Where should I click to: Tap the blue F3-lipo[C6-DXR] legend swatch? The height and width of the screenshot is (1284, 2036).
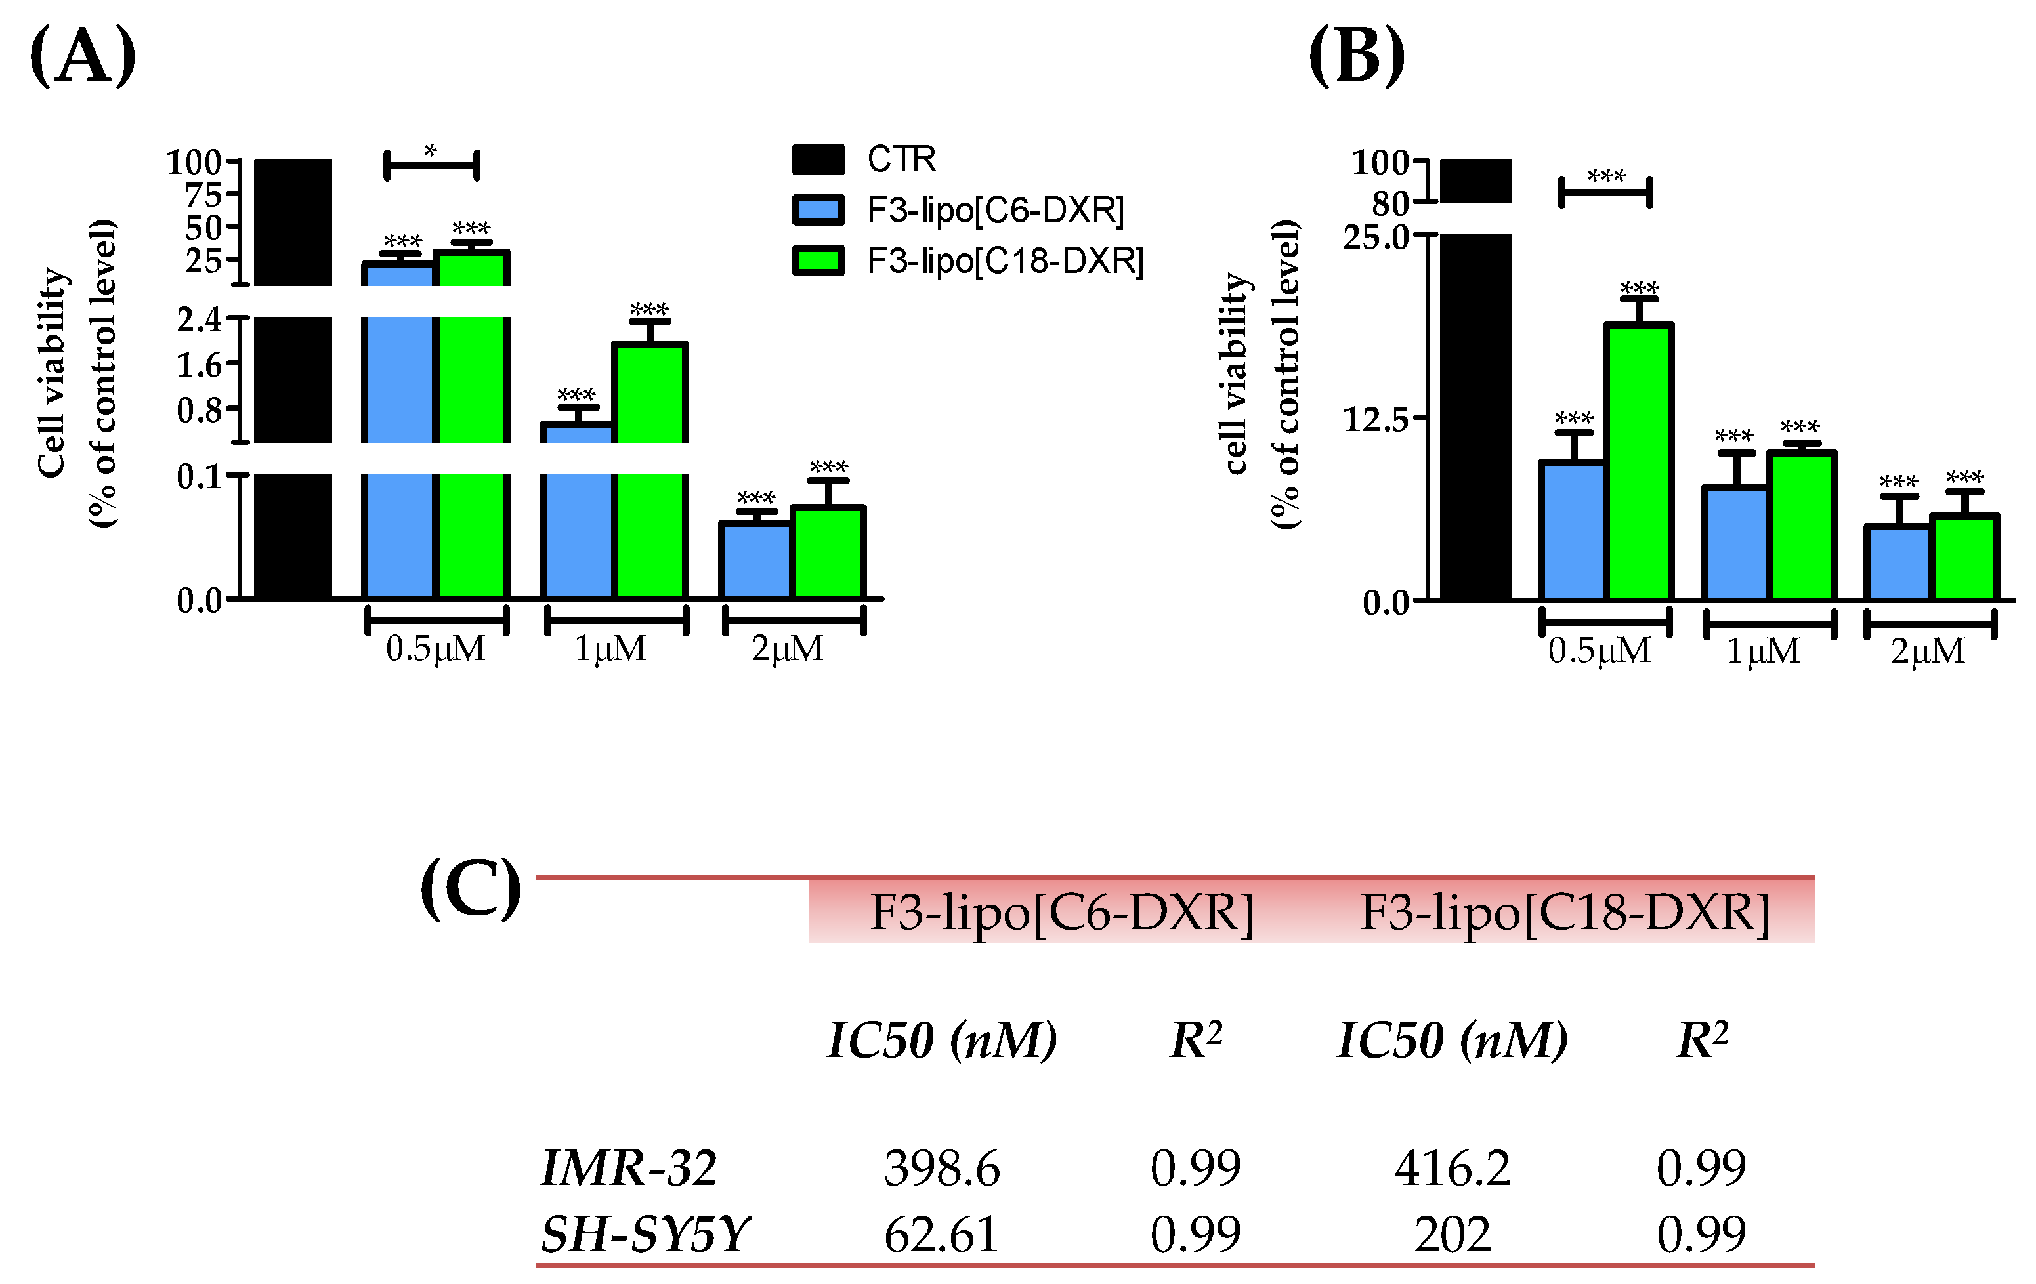pyautogui.click(x=818, y=210)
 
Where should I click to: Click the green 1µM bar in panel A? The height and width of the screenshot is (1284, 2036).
pyautogui.click(x=649, y=470)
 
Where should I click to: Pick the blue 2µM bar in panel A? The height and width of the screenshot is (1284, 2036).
pyautogui.click(x=755, y=560)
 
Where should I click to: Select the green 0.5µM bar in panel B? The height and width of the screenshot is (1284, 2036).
pyautogui.click(x=1639, y=461)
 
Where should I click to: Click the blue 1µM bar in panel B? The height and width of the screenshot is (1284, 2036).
pyautogui.click(x=1734, y=543)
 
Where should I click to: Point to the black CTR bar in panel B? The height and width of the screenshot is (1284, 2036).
pyautogui.click(x=1475, y=381)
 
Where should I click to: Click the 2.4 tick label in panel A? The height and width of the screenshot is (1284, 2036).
pyautogui.click(x=200, y=320)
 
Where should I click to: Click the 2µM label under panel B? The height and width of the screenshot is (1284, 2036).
pyautogui.click(x=1928, y=651)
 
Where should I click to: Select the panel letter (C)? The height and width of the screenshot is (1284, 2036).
pyautogui.click(x=471, y=888)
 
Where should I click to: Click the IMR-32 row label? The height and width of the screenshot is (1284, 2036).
pyautogui.click(x=629, y=1167)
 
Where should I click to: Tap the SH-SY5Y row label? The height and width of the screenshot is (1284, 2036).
pyautogui.click(x=645, y=1233)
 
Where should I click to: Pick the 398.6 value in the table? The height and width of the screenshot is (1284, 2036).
pyautogui.click(x=942, y=1168)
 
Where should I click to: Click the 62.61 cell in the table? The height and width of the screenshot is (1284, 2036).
pyautogui.click(x=942, y=1234)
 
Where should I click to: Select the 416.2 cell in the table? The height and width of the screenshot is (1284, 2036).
pyautogui.click(x=1453, y=1168)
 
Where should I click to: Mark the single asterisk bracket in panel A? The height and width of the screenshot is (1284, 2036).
pyautogui.click(x=432, y=164)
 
